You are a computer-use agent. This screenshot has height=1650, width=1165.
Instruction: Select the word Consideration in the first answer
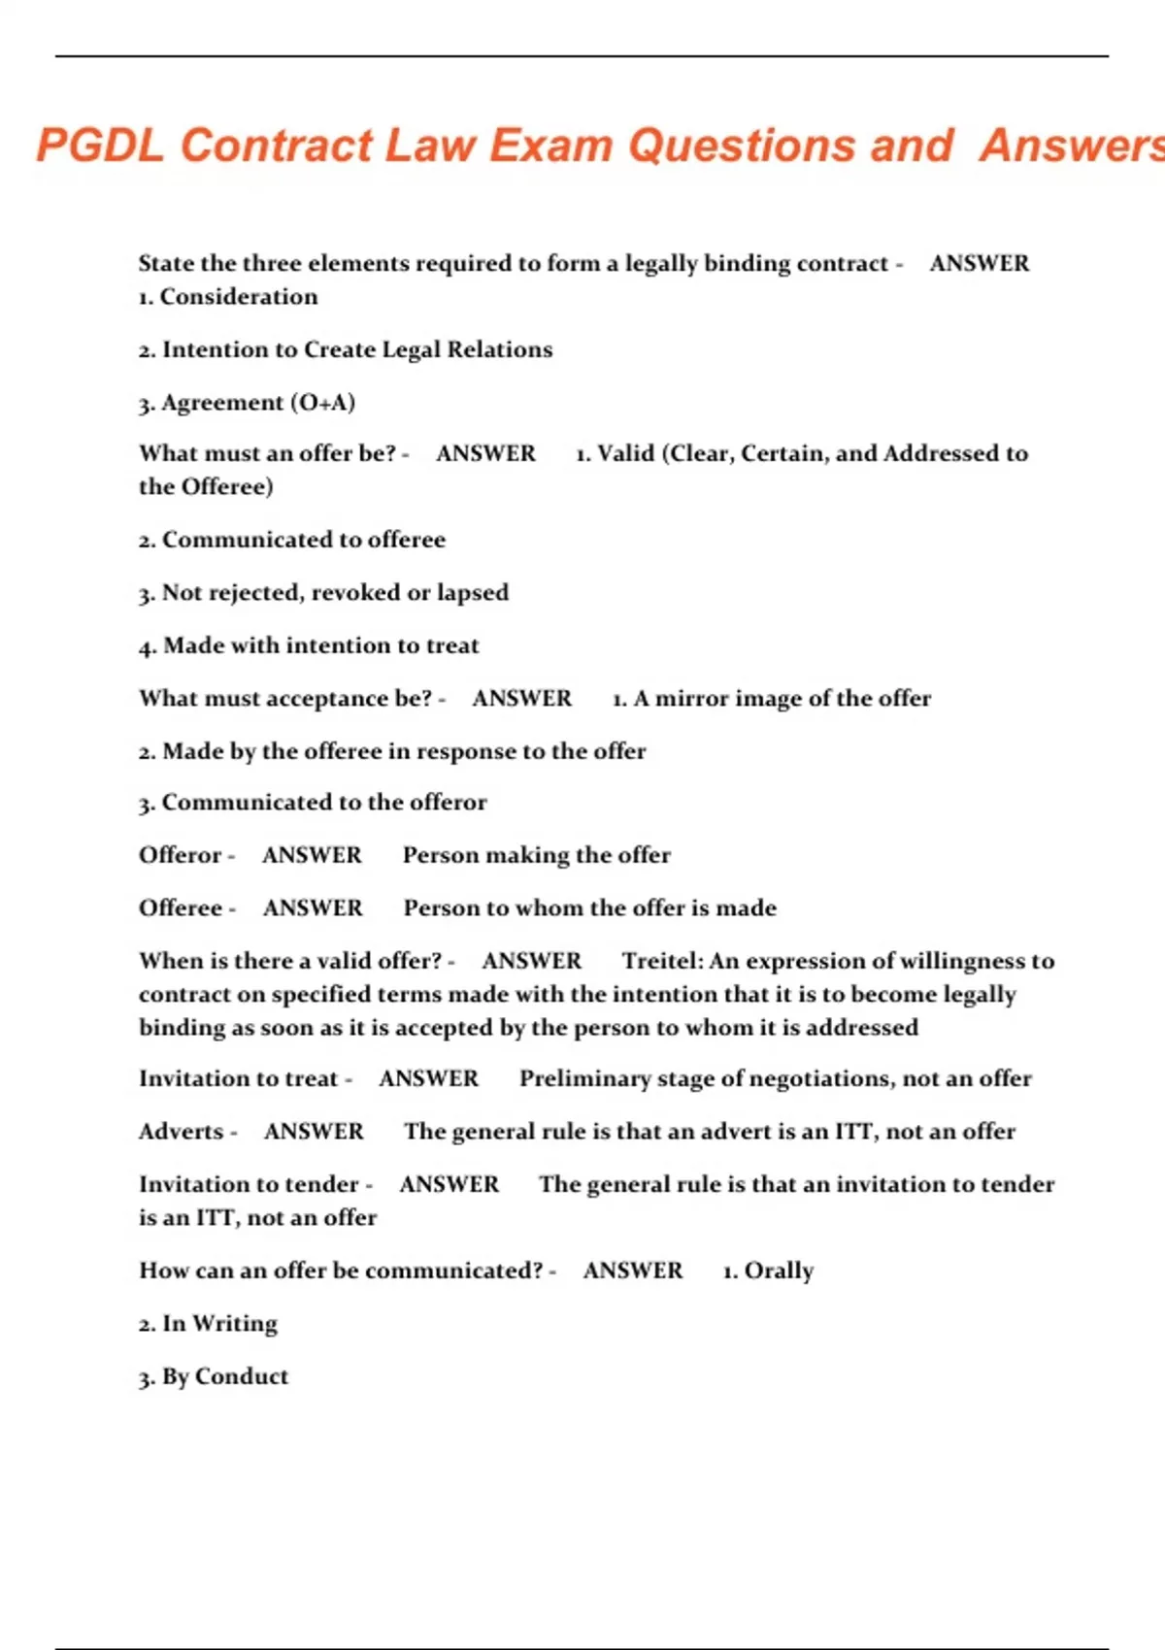[x=239, y=297]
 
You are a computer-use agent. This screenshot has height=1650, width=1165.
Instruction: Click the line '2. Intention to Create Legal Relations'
[x=346, y=349]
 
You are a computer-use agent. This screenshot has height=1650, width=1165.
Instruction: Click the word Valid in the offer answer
[x=625, y=453]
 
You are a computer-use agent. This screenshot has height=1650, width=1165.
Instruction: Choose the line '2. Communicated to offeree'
[x=292, y=540]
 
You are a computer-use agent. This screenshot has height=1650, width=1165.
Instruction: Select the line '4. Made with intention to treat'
[x=309, y=645]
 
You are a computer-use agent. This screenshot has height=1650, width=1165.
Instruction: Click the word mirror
[x=691, y=699]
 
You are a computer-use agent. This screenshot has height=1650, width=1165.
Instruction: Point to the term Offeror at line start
[x=181, y=855]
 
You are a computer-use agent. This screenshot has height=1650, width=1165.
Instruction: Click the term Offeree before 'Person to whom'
[x=181, y=907]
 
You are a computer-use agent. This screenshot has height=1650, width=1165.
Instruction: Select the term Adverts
[x=182, y=1132]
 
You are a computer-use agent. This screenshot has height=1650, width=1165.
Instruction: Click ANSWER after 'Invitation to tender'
[x=449, y=1184]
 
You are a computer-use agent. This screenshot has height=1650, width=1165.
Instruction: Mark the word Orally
[x=779, y=1270]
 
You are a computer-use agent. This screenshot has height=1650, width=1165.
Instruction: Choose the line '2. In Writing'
[x=208, y=1324]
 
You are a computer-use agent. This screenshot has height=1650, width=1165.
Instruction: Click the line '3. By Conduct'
[x=214, y=1376]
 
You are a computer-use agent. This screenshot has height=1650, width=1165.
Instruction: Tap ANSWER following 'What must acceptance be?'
[x=522, y=699]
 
